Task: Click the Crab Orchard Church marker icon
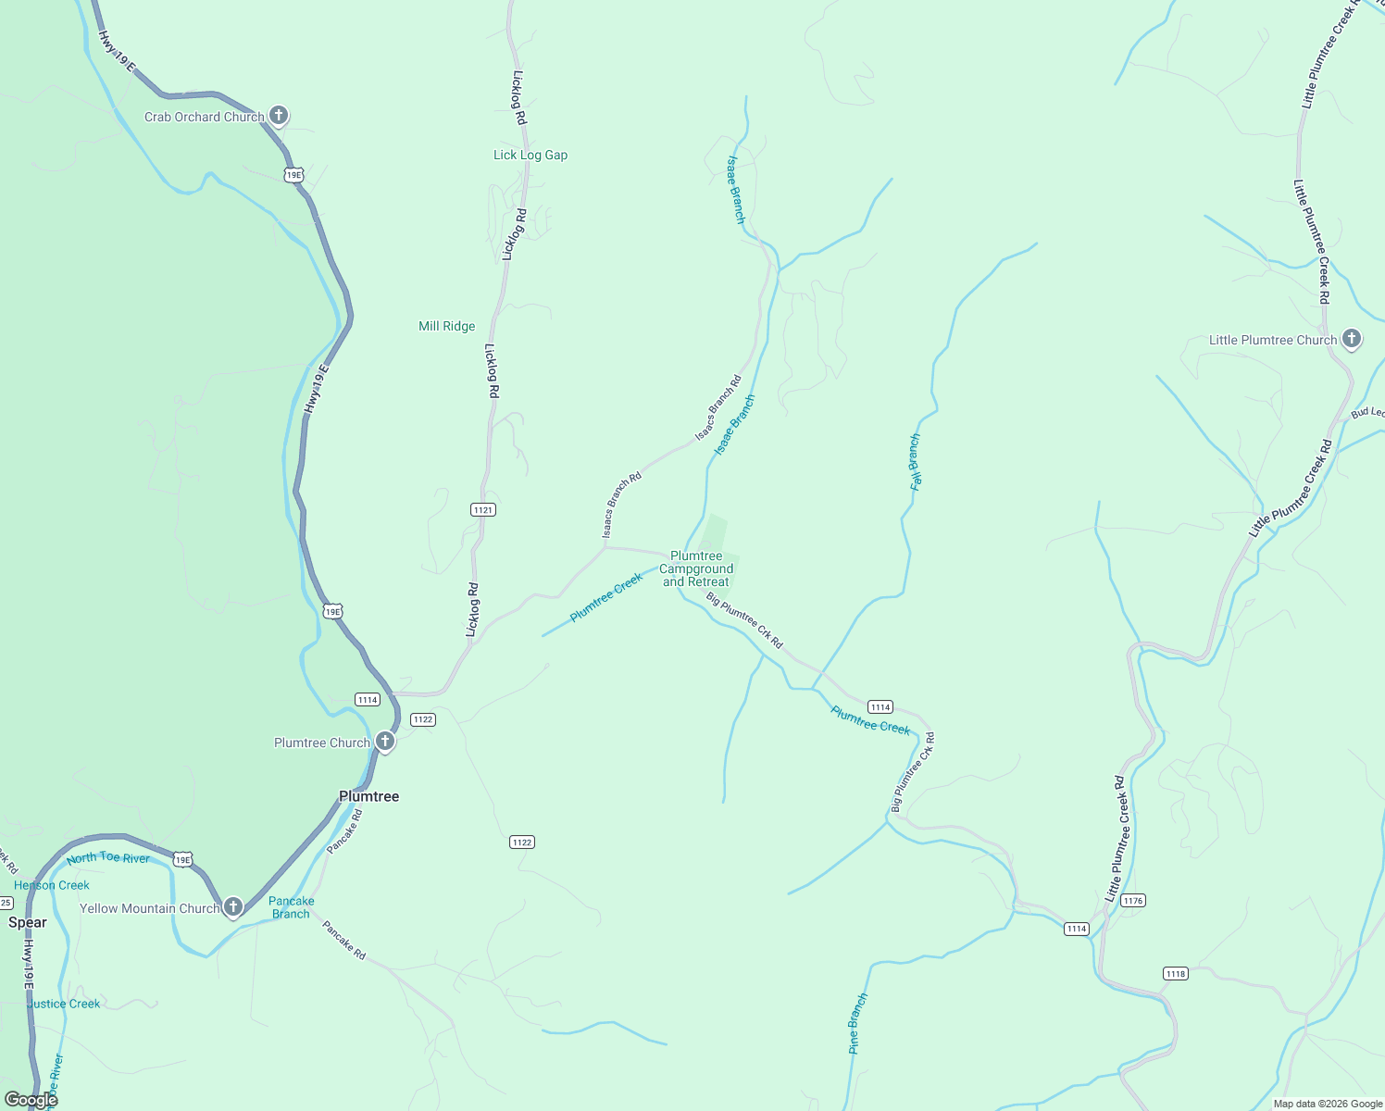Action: (279, 116)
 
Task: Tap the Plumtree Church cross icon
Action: (384, 742)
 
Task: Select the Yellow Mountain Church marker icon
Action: (233, 907)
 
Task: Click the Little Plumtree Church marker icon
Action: (1352, 339)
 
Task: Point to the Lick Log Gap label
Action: (530, 155)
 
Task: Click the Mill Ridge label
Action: (446, 326)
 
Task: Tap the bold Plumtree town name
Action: (368, 796)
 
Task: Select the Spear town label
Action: (28, 922)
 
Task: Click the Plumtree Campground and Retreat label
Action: (696, 569)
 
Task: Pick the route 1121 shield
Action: (482, 510)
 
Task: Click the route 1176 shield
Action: (1132, 900)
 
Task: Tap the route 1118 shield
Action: (1175, 973)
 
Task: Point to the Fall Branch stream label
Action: (916, 461)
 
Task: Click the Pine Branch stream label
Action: (858, 1023)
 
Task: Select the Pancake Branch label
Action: (292, 907)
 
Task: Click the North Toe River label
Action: (108, 858)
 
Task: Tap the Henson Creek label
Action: (52, 885)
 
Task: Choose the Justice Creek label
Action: (64, 1004)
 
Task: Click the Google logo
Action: (31, 1100)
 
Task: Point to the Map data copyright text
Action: (1328, 1104)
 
